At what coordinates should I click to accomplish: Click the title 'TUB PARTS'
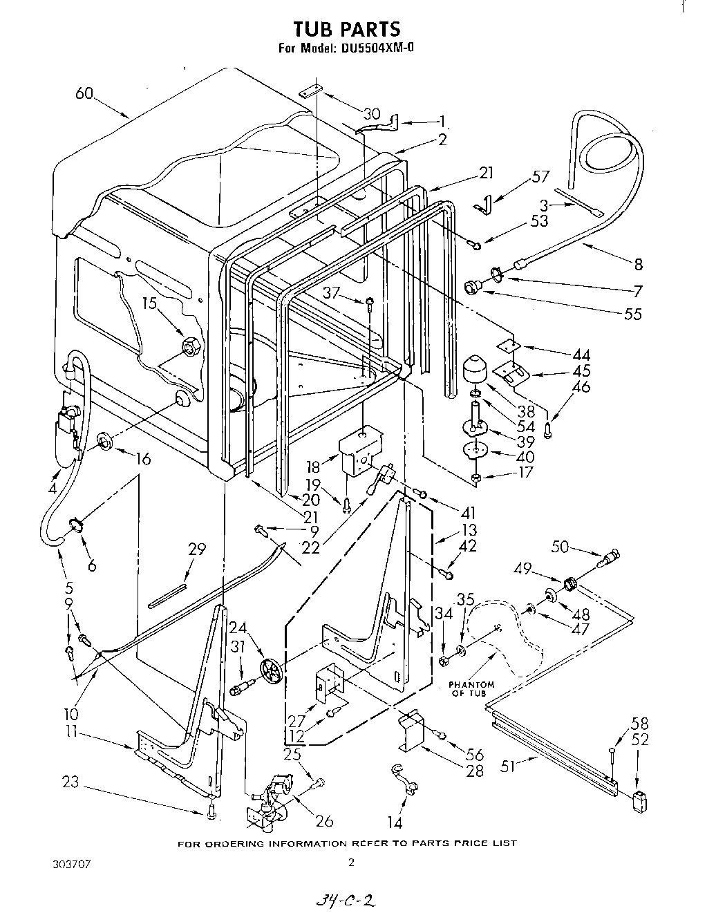click(346, 29)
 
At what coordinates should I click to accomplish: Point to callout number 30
click(371, 114)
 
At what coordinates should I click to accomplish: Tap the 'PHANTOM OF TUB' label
click(472, 689)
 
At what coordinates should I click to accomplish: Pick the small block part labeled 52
click(642, 802)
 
